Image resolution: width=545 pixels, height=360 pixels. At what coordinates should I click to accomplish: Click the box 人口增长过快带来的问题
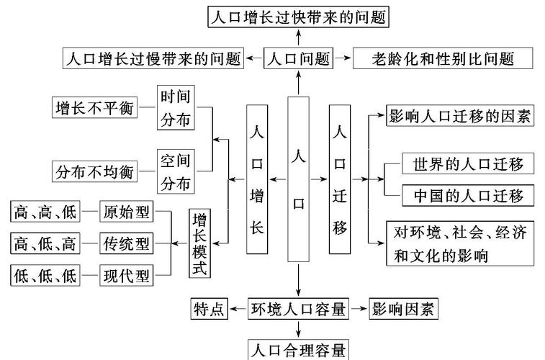[x=298, y=17]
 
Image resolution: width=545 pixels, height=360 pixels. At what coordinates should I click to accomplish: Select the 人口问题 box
[x=298, y=58]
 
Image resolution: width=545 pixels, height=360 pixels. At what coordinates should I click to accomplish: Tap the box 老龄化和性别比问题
[x=443, y=58]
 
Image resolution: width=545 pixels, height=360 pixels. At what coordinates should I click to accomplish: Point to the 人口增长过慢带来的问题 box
[x=152, y=58]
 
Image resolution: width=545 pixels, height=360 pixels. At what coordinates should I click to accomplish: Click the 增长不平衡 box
[x=94, y=107]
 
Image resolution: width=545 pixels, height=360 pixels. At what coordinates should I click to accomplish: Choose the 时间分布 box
[x=176, y=107]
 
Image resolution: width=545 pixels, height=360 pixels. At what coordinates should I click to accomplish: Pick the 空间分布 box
[x=176, y=171]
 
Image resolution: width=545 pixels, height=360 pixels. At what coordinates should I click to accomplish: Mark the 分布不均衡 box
[x=94, y=171]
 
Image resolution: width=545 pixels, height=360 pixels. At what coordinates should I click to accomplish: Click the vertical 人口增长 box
[x=257, y=179]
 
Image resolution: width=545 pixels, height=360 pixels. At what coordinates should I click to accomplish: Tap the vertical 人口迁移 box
[x=341, y=179]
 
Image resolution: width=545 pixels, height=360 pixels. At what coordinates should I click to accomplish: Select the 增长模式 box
[x=199, y=244]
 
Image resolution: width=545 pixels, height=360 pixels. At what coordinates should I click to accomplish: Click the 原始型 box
[x=126, y=213]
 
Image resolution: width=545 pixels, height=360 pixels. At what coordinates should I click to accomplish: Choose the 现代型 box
[x=126, y=274]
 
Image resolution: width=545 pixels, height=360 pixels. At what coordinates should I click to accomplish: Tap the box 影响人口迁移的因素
[x=460, y=115]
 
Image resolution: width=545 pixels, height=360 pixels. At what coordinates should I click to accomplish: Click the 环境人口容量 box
[x=298, y=310]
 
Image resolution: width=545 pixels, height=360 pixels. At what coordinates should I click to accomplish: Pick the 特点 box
[x=209, y=310]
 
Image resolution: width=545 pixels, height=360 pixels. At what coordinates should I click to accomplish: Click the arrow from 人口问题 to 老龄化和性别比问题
[x=343, y=58]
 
